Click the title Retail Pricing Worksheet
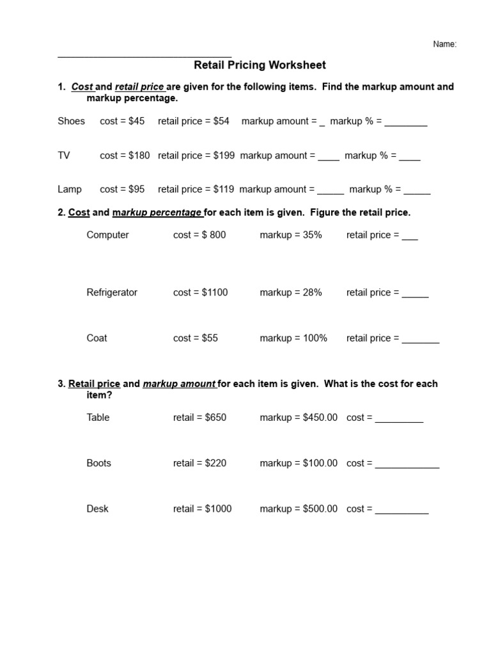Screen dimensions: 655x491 (260, 65)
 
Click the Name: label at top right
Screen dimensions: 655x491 (445, 44)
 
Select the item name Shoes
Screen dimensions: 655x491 (71, 121)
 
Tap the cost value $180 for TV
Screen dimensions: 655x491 (136, 155)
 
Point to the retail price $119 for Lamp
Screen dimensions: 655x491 (224, 189)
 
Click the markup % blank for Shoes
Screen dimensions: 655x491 (406, 123)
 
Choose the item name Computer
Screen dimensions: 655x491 (107, 235)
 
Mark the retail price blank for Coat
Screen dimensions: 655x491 (421, 341)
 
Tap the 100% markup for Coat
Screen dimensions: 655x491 (314, 338)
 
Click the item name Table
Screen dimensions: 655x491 (98, 417)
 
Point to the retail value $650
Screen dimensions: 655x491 (215, 417)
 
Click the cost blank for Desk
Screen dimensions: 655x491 (401, 512)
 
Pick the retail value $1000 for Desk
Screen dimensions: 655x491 (218, 509)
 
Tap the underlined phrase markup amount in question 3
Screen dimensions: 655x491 (179, 384)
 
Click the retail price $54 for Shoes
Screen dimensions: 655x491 (221, 121)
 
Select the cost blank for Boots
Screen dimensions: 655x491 (407, 466)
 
